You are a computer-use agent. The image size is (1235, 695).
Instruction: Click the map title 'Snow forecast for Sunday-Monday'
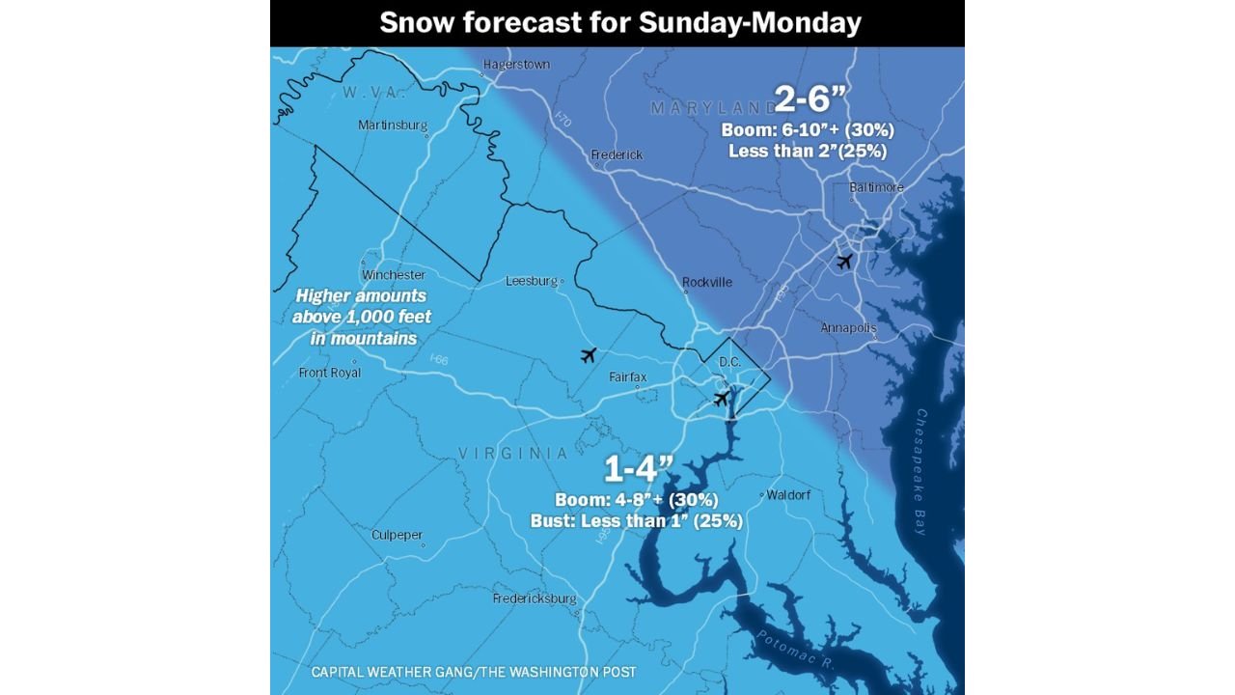tap(619, 23)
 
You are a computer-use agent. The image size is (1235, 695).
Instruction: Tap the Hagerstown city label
tap(515, 65)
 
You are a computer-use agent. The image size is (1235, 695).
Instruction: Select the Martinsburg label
tap(392, 125)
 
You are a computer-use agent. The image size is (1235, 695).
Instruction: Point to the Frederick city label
tap(617, 155)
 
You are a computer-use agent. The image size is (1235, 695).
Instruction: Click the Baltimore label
tap(876, 187)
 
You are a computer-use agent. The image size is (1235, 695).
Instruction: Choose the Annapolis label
tap(848, 328)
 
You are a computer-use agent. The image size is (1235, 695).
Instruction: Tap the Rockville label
tap(706, 283)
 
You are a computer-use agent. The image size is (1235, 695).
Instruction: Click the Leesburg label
tap(532, 282)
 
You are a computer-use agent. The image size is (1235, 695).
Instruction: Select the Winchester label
tap(394, 275)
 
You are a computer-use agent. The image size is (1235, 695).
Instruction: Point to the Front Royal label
tap(330, 373)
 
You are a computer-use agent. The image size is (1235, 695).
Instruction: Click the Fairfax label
tap(627, 377)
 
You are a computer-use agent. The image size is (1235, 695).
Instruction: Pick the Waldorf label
tap(788, 495)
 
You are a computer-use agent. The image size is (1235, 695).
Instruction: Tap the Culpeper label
tap(397, 535)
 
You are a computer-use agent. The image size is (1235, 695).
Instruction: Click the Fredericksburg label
tap(535, 598)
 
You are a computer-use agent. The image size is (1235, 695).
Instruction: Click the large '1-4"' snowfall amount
tap(637, 470)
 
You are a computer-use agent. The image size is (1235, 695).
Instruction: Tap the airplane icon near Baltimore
tap(844, 262)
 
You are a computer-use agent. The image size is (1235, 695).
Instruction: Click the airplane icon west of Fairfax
tap(589, 355)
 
